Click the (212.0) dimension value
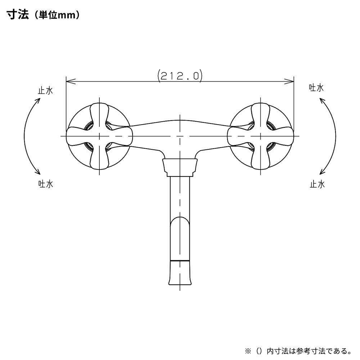click(180, 76)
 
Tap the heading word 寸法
click(18, 15)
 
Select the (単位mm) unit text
click(57, 15)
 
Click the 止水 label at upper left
click(45, 90)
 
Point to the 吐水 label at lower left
click(46, 184)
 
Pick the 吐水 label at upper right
click(316, 88)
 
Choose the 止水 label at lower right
click(317, 184)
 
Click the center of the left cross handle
click(99, 136)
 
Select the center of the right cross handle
click(261, 136)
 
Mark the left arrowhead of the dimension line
click(71, 81)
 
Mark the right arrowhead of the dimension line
click(289, 81)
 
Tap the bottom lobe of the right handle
click(261, 159)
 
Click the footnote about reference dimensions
click(298, 351)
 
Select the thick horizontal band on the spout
click(180, 261)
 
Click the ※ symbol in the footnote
click(248, 351)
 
